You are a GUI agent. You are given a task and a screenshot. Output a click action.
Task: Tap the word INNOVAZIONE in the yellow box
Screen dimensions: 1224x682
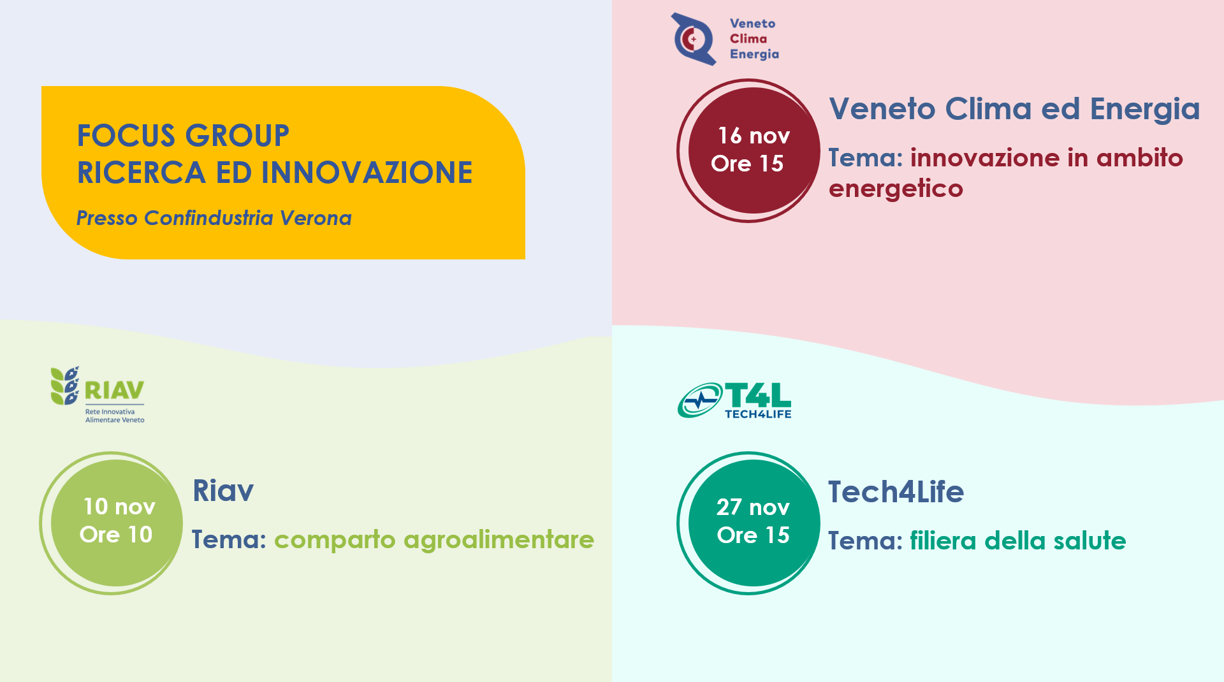tap(367, 173)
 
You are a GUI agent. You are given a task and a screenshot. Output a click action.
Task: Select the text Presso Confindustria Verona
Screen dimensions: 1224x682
tap(214, 218)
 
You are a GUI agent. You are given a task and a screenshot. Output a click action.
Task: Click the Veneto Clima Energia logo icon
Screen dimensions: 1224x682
tap(694, 39)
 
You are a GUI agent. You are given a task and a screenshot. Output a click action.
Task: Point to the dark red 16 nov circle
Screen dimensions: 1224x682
tap(754, 150)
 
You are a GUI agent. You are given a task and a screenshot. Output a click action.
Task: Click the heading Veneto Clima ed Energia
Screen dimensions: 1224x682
tap(1014, 109)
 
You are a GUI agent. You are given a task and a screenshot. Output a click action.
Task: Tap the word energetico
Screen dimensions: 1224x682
tap(896, 189)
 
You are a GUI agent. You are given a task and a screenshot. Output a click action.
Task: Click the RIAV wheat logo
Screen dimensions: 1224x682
tap(65, 386)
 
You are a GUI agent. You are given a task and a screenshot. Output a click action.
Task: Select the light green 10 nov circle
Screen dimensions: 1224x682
tap(116, 523)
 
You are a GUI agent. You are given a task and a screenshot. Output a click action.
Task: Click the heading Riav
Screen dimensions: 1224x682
tap(223, 490)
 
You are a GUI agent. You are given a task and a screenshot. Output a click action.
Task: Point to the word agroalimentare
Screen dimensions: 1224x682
tap(499, 540)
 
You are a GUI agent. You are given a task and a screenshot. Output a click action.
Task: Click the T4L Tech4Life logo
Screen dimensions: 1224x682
tap(734, 400)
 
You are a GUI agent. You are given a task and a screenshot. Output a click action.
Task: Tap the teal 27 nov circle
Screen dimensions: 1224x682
tap(754, 523)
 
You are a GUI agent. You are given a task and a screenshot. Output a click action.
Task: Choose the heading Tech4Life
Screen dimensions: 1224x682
tap(896, 491)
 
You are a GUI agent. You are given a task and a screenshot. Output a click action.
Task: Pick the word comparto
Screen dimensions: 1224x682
tap(335, 541)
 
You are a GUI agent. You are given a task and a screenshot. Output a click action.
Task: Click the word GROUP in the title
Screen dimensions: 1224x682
tap(238, 136)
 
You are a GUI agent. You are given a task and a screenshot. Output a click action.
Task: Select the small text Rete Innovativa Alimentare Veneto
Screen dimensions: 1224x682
tap(115, 416)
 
